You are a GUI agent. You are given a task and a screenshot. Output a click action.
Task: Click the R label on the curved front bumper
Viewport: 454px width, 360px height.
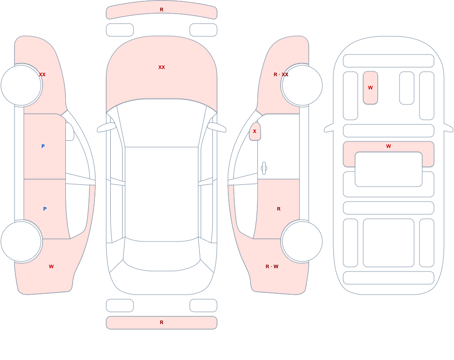(x=162, y=10)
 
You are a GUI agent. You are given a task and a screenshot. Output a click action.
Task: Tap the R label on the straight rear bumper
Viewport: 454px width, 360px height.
(x=162, y=322)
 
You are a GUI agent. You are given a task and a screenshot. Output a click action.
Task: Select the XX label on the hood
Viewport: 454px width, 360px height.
(x=162, y=67)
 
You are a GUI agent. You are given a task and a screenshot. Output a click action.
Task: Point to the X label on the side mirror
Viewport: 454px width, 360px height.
(x=255, y=131)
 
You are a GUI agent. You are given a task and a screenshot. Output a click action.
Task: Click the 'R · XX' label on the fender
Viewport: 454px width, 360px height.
(x=281, y=74)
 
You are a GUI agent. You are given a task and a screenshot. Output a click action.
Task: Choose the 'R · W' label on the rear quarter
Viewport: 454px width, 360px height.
(x=272, y=266)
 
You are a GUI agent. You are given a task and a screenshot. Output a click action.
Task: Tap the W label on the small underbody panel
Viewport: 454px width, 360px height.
(x=370, y=88)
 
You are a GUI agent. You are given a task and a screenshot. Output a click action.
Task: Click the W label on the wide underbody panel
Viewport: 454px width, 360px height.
(x=389, y=146)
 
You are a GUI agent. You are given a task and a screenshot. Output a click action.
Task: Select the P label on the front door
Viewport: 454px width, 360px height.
(x=43, y=146)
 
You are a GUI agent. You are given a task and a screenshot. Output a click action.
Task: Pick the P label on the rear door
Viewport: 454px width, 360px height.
(x=44, y=209)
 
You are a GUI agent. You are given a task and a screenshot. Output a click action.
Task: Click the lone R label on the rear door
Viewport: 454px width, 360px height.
(x=279, y=209)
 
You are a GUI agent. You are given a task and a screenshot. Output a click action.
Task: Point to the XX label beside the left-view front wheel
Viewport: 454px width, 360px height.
(x=42, y=74)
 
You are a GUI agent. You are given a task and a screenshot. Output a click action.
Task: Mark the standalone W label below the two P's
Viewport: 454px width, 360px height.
(x=51, y=266)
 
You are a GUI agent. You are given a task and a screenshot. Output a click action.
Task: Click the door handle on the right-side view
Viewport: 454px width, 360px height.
(x=264, y=168)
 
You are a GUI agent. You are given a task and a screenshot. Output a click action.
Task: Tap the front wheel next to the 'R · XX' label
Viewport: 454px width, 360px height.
(x=302, y=85)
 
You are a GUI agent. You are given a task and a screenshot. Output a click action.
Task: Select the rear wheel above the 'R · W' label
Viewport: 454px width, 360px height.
(x=302, y=241)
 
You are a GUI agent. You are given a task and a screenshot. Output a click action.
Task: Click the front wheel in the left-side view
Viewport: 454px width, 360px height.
(x=21, y=85)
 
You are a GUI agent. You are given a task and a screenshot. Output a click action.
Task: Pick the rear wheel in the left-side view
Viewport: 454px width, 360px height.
(x=21, y=241)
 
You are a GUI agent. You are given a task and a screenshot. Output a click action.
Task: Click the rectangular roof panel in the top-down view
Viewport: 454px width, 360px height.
(x=162, y=193)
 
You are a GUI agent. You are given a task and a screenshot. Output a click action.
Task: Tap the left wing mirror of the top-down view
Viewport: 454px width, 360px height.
(x=106, y=127)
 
